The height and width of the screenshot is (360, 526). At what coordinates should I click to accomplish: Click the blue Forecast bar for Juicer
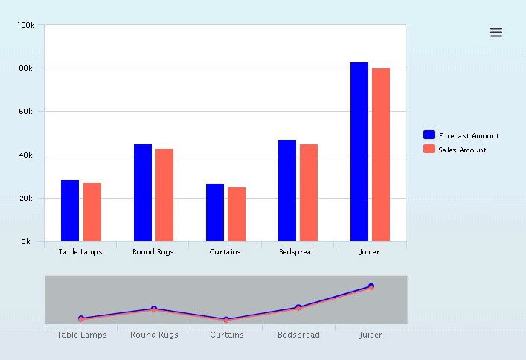359,152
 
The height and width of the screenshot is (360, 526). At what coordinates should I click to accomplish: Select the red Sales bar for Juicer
381,155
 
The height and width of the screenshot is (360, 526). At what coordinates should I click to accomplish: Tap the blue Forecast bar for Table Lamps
70,210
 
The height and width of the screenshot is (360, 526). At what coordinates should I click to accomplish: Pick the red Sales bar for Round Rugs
164,195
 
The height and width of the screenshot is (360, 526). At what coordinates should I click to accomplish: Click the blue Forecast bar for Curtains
215,212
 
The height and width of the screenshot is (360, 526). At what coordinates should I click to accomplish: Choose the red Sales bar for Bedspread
309,193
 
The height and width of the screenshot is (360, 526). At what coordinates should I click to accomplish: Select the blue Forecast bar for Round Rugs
143,193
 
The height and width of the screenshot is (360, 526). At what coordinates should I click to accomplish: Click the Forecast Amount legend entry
461,135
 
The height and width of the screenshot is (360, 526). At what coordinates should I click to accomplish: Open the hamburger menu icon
496,32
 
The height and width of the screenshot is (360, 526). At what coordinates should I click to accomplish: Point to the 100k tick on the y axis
25,25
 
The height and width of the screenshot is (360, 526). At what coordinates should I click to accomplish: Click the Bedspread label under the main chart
297,252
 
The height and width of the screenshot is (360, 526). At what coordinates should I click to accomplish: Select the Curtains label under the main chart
225,252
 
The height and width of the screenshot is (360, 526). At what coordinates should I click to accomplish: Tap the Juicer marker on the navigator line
371,286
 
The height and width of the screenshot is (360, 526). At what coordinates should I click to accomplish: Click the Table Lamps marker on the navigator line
81,318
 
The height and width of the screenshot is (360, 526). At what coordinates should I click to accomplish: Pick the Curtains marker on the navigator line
226,320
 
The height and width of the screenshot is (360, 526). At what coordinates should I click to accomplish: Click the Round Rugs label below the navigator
154,335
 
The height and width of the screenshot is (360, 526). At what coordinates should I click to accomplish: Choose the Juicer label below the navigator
371,335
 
